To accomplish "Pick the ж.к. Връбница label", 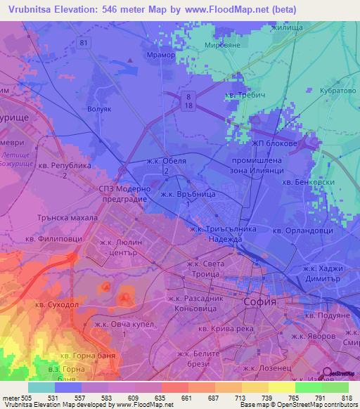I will click(x=184, y=193).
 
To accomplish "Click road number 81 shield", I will click(x=84, y=44).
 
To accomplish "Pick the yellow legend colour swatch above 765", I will click(x=281, y=387).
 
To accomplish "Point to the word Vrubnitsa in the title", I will click(x=31, y=9).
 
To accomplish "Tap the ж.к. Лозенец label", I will click(x=264, y=367).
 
